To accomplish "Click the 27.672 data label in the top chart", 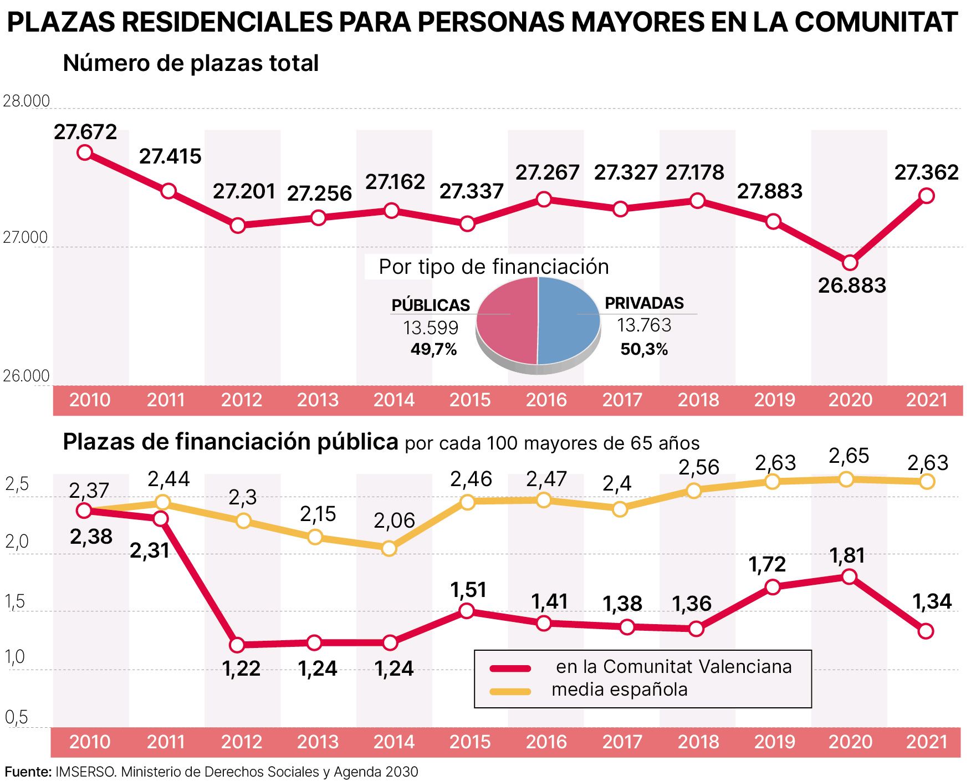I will click(85, 132).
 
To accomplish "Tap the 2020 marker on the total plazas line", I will click(850, 262).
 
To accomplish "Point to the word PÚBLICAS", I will click(431, 305).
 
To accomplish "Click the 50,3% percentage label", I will click(644, 349).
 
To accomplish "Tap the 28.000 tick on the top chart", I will click(26, 101).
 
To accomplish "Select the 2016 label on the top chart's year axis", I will click(546, 400).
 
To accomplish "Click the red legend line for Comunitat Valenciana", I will click(510, 668).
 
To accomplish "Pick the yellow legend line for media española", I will click(510, 691).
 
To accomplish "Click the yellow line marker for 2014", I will click(389, 548).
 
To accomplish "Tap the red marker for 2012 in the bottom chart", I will click(237, 645).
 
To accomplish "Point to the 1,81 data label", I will click(847, 555).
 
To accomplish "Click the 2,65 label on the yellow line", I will click(849, 456).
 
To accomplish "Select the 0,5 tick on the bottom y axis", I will click(16, 717).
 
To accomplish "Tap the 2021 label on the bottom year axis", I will click(927, 742).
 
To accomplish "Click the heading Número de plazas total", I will click(191, 63).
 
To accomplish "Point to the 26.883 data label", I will click(852, 285).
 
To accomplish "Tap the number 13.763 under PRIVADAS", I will click(644, 325).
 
